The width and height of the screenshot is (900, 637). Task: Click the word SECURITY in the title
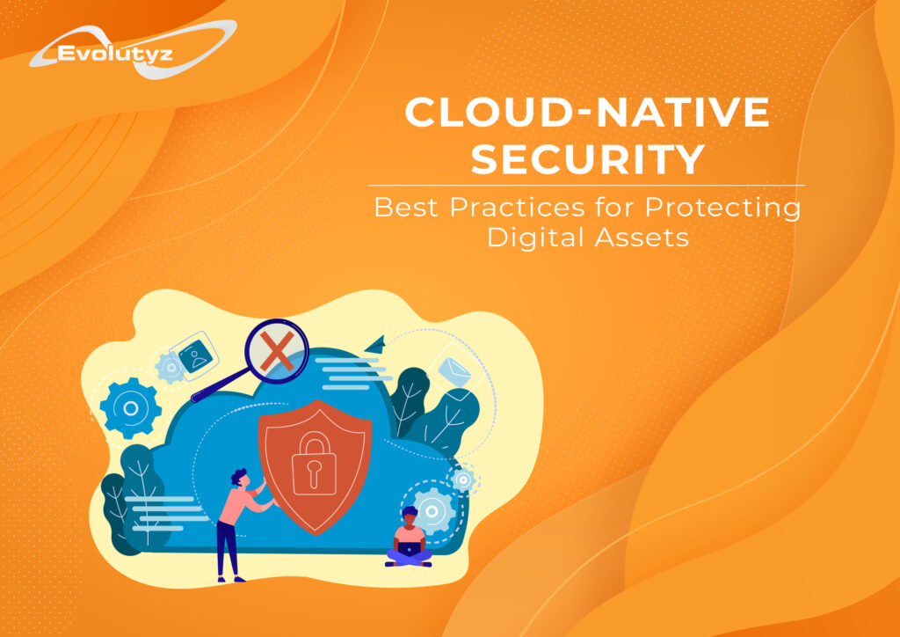pos(588,159)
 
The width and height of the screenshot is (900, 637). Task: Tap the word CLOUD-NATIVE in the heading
pos(586,112)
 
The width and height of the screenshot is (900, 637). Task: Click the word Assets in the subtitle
pos(642,238)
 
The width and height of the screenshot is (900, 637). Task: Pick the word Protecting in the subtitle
pos(722,209)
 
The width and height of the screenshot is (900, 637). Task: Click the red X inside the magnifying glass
pos(277,351)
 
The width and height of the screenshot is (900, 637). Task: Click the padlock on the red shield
pos(314,463)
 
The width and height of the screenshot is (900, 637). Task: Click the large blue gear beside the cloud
pos(131,408)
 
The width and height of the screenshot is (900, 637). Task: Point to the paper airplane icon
pos(374,344)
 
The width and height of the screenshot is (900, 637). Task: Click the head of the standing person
pos(240,478)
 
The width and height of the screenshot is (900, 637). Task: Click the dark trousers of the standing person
pos(228,549)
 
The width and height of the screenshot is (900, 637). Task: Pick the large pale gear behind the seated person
pos(432,511)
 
